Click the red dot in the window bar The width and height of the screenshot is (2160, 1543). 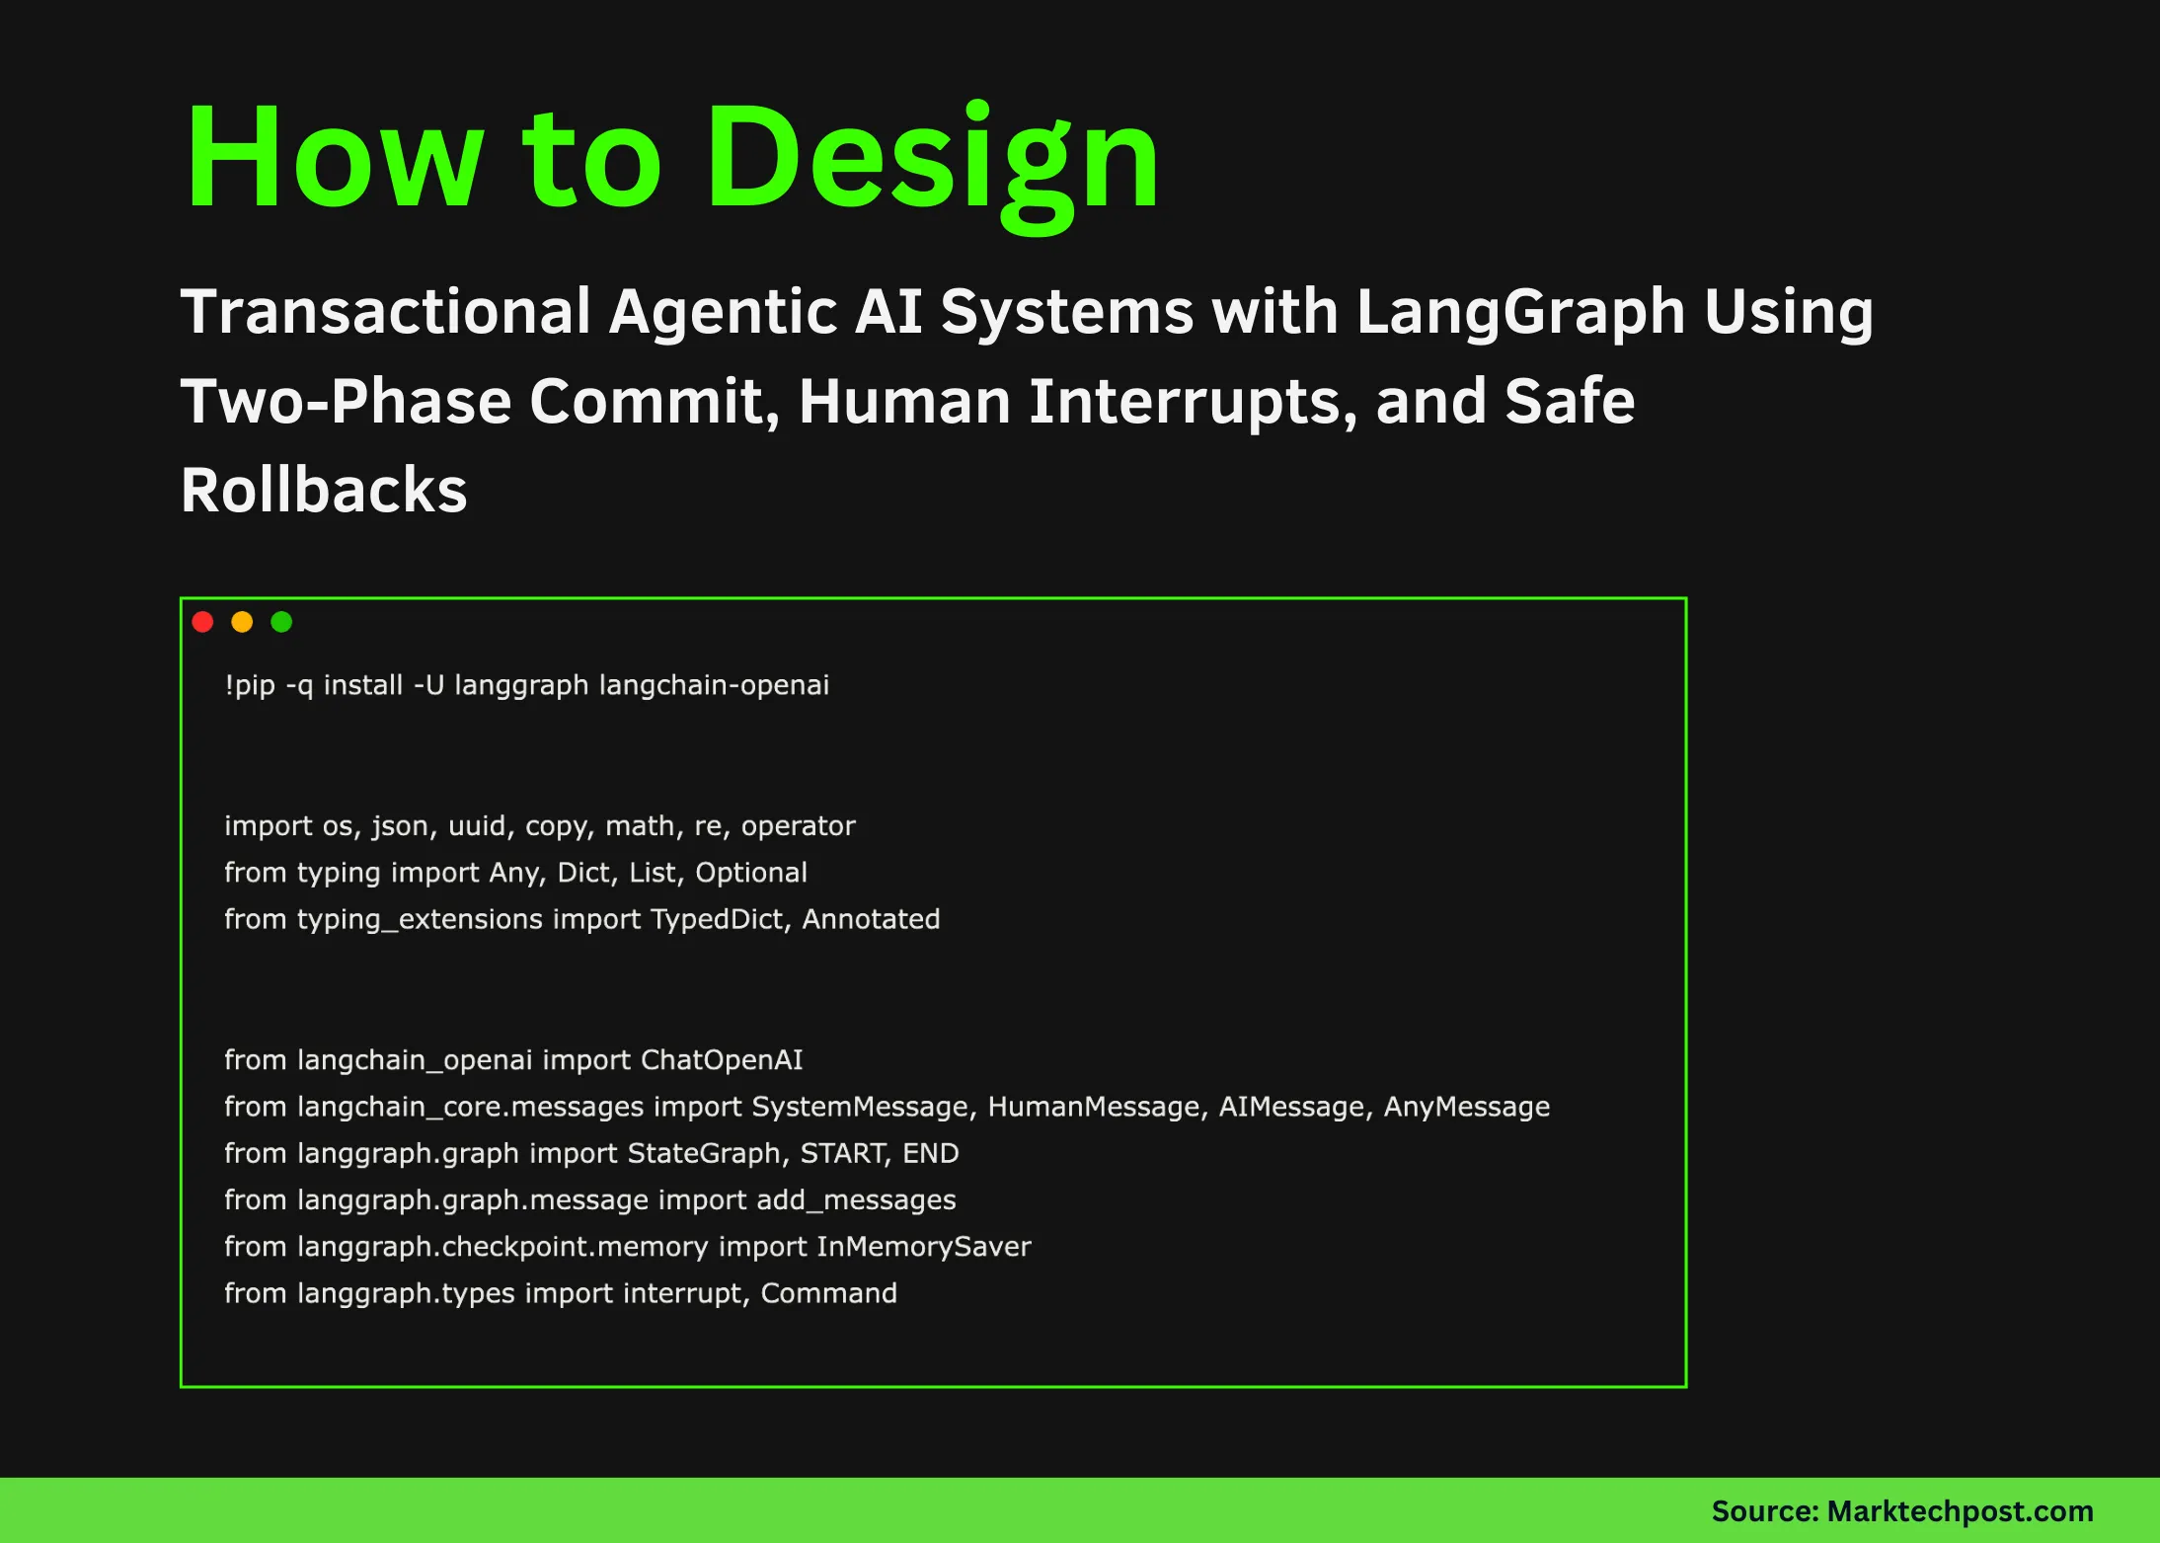click(203, 622)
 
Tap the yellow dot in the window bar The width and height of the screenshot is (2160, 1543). click(242, 622)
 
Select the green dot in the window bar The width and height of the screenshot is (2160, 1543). click(281, 622)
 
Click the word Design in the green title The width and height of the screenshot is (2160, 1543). click(933, 158)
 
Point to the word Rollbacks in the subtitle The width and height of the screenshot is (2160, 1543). click(324, 491)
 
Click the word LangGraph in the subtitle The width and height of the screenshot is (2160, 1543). click(1520, 312)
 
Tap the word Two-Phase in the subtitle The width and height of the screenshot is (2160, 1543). click(346, 402)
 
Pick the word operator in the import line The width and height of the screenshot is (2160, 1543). click(798, 826)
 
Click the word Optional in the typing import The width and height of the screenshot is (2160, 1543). click(751, 873)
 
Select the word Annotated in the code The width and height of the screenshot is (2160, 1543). click(871, 919)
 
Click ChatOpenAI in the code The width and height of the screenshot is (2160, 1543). click(722, 1060)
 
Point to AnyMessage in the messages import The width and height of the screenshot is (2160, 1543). click(1466, 1107)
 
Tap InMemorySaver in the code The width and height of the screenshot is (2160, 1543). click(924, 1247)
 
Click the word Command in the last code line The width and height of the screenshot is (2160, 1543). click(828, 1293)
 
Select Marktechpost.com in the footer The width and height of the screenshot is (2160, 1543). click(1960, 1511)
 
